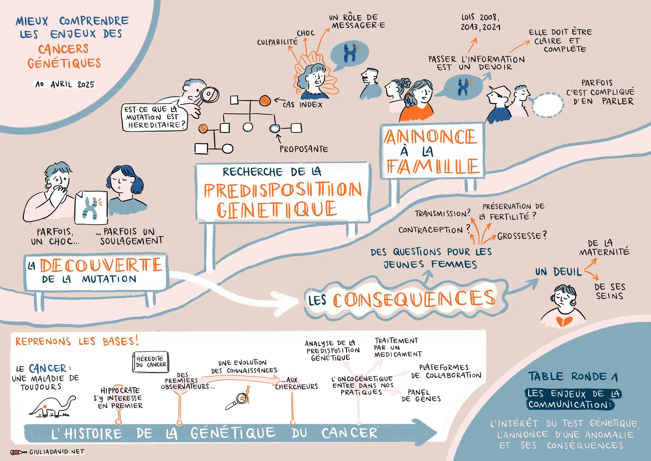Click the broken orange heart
pyautogui.click(x=564, y=321)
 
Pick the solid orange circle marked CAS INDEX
pyautogui.click(x=265, y=100)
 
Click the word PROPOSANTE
pyautogui.click(x=304, y=149)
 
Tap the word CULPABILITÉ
pyautogui.click(x=277, y=42)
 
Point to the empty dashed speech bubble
pyautogui.click(x=547, y=105)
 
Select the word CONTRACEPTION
pyautogui.click(x=430, y=230)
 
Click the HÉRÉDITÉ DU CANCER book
pyautogui.click(x=151, y=362)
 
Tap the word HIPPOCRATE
pyautogui.click(x=120, y=390)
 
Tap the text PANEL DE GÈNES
pyautogui.click(x=421, y=396)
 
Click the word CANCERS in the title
pyautogui.click(x=64, y=49)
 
